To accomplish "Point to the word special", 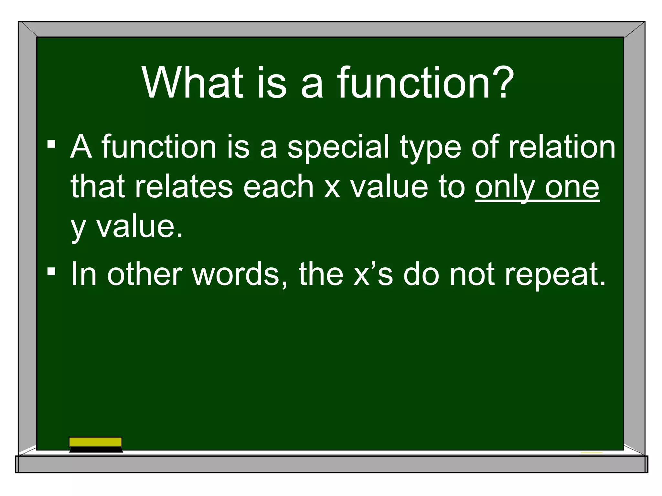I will (338, 148).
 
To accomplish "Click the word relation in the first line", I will (562, 147).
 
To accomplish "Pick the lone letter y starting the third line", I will (78, 228).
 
